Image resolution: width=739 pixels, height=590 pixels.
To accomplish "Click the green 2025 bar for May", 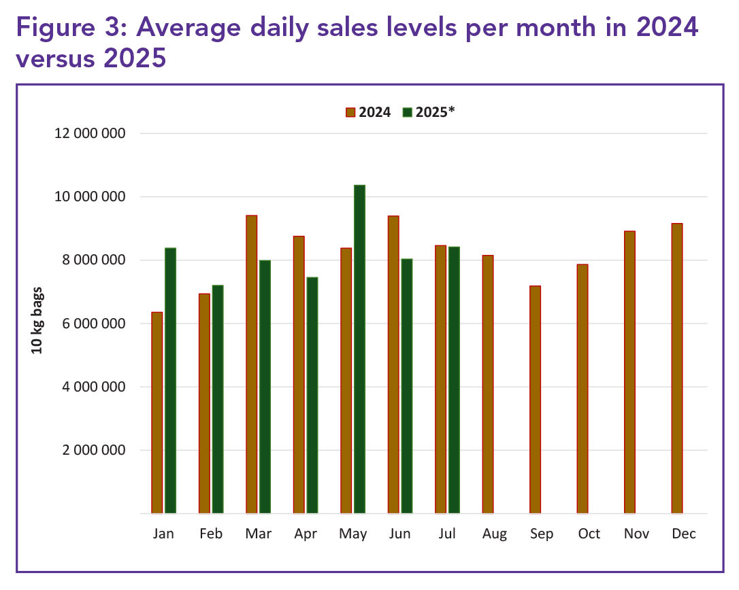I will [359, 349].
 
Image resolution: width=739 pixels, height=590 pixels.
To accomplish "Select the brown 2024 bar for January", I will [157, 413].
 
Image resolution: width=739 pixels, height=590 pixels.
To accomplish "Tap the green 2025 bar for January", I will [170, 381].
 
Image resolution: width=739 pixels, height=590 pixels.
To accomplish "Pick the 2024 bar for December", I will [676, 368].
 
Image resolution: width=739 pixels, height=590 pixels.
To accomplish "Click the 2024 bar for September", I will [535, 399].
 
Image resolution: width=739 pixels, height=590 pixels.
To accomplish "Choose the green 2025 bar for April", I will [312, 395].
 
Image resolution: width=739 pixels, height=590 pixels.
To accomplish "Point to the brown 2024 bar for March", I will [252, 364].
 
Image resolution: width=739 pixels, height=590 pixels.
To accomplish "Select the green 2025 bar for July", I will [454, 380].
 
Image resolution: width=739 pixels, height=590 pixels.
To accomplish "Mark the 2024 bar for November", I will [629, 372].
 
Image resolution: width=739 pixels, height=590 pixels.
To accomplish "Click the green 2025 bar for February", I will [218, 399].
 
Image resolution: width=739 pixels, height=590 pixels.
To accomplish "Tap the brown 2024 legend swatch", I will [350, 112].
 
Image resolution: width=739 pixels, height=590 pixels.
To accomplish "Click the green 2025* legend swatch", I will [407, 112].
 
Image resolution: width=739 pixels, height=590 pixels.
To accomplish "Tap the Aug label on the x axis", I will [495, 534].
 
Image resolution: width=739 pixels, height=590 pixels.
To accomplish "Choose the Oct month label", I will [589, 534].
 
